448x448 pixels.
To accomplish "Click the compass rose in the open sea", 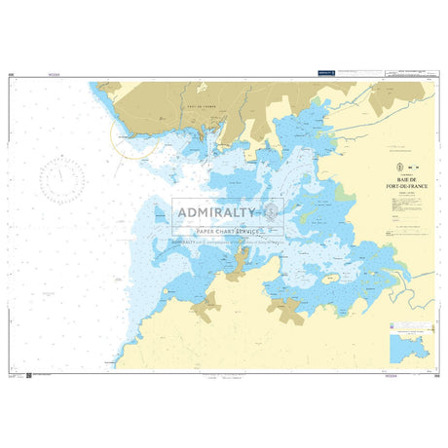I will tap(60, 177).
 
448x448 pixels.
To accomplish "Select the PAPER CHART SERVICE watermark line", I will tap(227, 231).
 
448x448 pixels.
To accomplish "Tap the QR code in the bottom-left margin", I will tap(29, 374).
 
